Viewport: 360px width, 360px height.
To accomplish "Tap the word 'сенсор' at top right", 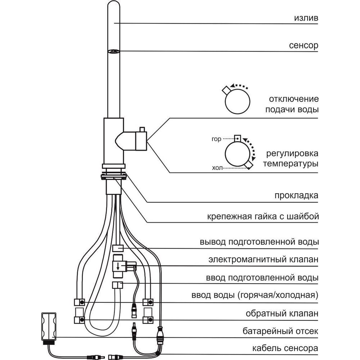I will tap(303, 46).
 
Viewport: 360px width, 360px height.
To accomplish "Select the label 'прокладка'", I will tap(296, 195).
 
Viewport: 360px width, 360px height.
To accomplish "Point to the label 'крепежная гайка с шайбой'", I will tap(263, 217).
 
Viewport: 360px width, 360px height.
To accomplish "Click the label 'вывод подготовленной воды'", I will tap(259, 242).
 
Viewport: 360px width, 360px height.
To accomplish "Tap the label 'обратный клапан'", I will tap(282, 314).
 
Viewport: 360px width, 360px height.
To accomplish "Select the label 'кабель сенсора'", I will tap(280, 348).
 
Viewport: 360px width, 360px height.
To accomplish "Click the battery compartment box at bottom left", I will tap(49, 327).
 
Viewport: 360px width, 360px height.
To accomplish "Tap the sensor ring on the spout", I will tap(114, 52).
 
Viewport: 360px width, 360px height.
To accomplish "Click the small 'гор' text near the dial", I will tap(217, 139).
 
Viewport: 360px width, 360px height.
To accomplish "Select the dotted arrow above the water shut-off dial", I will tap(240, 87).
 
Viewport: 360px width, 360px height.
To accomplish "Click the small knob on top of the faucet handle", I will tap(142, 129).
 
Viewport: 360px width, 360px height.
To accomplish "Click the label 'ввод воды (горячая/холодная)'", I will tap(255, 296).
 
